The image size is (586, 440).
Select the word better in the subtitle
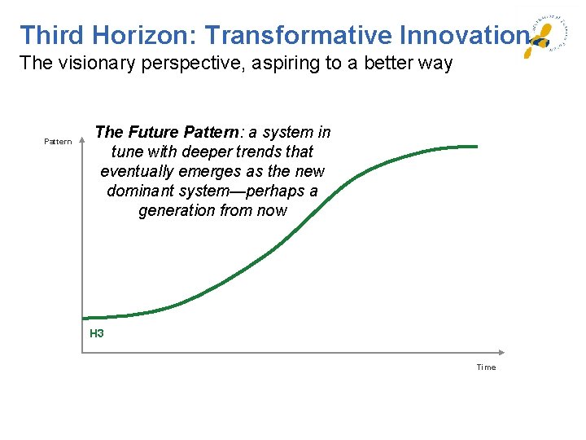click(x=378, y=63)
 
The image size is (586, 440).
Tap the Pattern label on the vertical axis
click(x=58, y=142)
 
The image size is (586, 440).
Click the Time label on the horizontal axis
click(x=486, y=367)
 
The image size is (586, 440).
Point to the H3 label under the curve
click(x=97, y=333)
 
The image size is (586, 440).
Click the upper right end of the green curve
click(x=475, y=147)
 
